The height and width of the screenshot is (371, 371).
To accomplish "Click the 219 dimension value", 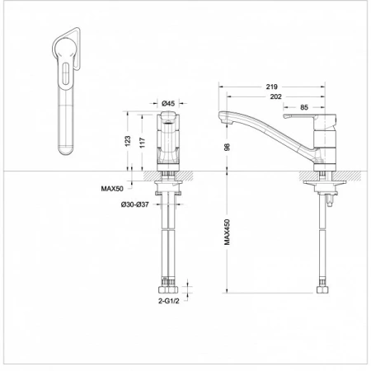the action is point(271,87).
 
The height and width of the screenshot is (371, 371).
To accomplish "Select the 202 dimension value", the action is point(275,96).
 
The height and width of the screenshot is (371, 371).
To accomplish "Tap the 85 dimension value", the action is point(304,107).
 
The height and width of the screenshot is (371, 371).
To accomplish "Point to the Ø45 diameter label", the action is point(168,103).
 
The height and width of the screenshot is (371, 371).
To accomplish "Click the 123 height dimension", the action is point(128,141).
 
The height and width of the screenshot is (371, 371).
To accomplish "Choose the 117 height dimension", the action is point(142,143).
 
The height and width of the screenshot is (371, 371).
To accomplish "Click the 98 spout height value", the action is point(227,147).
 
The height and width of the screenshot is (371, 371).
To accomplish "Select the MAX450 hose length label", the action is point(227,232).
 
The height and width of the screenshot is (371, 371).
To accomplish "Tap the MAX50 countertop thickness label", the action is point(112,189).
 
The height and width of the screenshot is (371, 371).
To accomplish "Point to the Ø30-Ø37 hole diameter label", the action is point(135,204).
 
